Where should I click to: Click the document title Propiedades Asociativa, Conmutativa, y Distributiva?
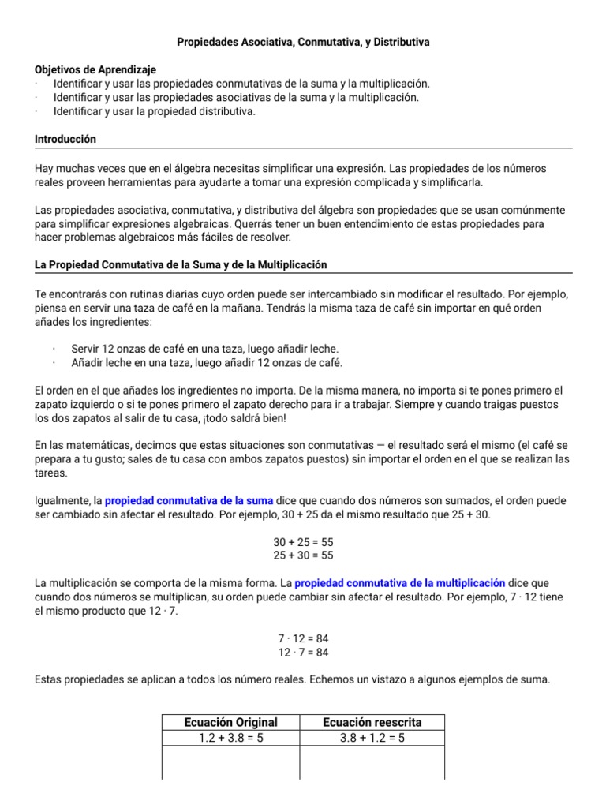[x=302, y=41]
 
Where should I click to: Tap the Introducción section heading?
[x=65, y=139]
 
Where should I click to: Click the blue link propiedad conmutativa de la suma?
[x=189, y=500]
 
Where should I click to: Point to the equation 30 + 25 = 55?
[x=303, y=542]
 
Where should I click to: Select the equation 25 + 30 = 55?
[x=303, y=555]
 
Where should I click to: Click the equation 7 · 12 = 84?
[x=303, y=639]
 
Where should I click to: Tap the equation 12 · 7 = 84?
[x=303, y=652]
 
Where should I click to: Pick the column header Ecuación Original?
[x=230, y=722]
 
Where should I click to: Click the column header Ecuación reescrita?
[x=372, y=722]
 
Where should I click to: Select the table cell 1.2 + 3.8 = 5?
[x=230, y=738]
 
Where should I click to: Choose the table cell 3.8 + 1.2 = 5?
[x=372, y=738]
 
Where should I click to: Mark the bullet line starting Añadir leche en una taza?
[x=207, y=362]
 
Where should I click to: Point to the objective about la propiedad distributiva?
[x=155, y=111]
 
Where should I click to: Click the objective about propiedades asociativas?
[x=236, y=97]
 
